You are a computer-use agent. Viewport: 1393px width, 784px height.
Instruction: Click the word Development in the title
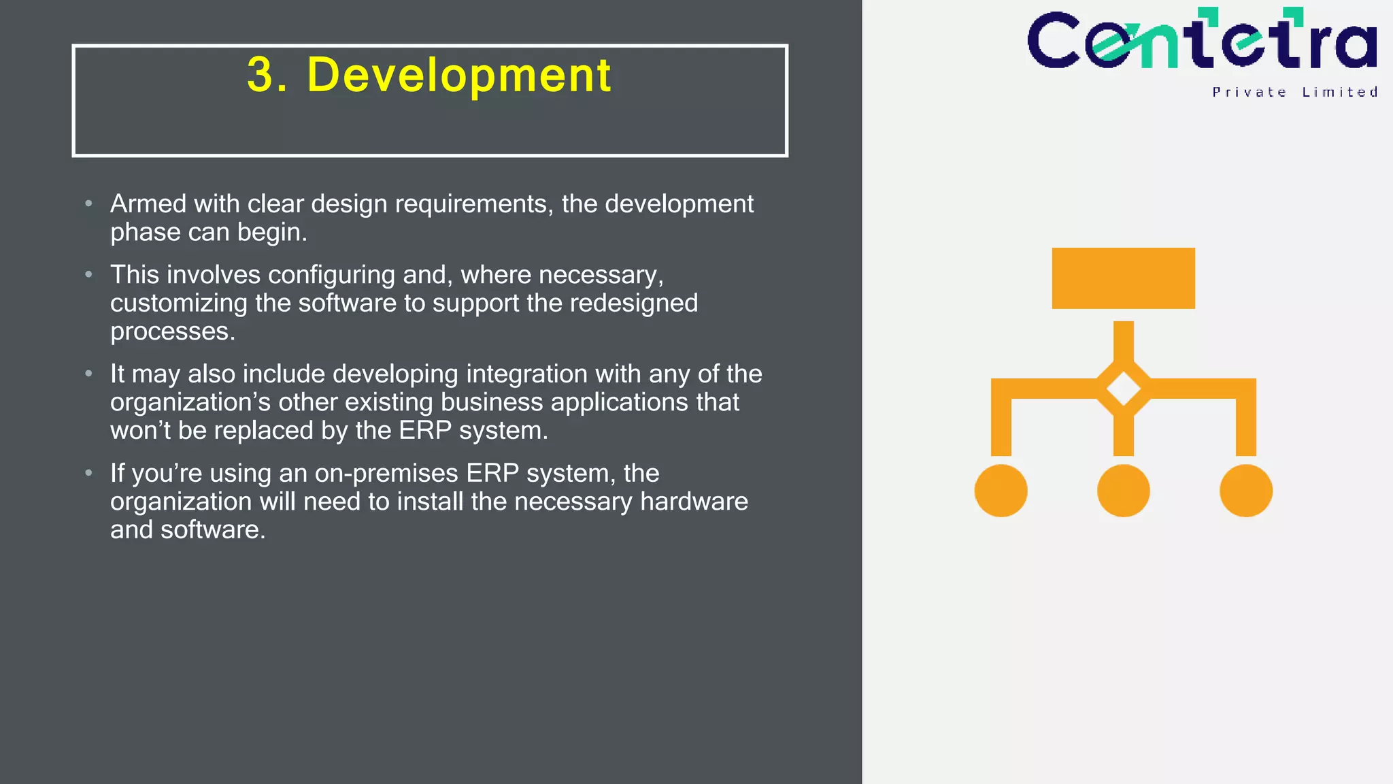coord(459,75)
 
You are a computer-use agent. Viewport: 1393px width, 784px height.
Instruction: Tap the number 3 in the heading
coord(260,75)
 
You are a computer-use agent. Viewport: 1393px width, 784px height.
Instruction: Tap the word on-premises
coord(386,473)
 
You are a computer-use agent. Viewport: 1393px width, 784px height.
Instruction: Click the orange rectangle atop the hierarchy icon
coord(1123,278)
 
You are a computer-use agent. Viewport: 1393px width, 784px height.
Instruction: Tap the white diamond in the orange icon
coord(1123,389)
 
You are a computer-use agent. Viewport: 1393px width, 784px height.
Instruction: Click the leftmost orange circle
coord(1001,491)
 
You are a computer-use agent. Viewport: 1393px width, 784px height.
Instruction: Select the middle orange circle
coord(1123,491)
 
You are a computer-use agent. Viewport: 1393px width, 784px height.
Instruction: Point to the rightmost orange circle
coord(1245,491)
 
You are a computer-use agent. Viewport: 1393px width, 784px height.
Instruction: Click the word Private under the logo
coord(1249,93)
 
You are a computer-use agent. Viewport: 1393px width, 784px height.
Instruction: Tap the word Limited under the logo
coord(1339,93)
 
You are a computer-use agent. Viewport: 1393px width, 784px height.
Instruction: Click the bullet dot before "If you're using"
coord(88,473)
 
